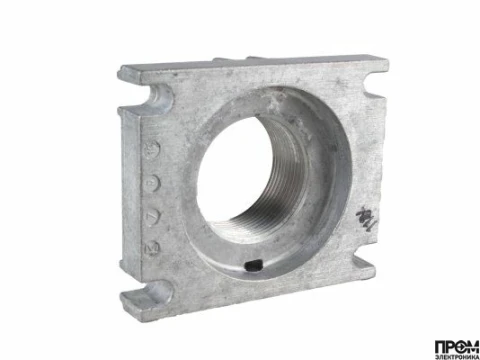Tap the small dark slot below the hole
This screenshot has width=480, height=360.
click(x=253, y=265)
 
